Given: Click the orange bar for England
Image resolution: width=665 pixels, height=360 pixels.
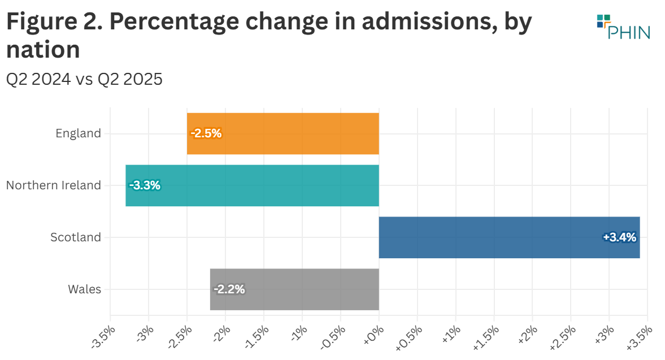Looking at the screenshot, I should tap(282, 133).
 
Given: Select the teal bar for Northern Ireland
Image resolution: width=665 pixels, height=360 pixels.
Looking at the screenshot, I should tap(252, 185).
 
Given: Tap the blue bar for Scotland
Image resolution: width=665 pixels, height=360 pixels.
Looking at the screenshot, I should tap(508, 237).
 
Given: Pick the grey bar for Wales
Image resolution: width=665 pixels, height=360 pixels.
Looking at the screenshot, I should tap(294, 289).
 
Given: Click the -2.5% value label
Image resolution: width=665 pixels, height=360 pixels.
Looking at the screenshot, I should tap(206, 133).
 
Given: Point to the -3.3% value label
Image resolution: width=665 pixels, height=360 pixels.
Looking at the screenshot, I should tap(145, 185).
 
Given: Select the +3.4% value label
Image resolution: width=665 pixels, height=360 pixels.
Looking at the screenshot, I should tap(620, 237).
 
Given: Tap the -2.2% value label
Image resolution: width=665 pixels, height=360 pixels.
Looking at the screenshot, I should tap(229, 289).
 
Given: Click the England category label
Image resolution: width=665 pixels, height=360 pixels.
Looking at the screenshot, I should tap(78, 133).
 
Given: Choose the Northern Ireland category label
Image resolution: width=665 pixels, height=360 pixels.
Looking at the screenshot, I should tap(54, 185).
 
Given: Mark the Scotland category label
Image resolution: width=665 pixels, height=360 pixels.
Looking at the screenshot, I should tap(76, 237).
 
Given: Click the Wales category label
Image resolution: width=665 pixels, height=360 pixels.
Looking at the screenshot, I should tap(85, 289).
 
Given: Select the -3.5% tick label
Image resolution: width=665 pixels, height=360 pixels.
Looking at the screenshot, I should tap(104, 337).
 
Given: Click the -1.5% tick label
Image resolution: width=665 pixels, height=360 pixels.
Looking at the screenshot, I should tap(258, 337).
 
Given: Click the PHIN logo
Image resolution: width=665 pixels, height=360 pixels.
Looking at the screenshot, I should tap(623, 27).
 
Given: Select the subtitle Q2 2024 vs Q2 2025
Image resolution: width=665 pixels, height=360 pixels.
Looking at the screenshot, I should tap(84, 79).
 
